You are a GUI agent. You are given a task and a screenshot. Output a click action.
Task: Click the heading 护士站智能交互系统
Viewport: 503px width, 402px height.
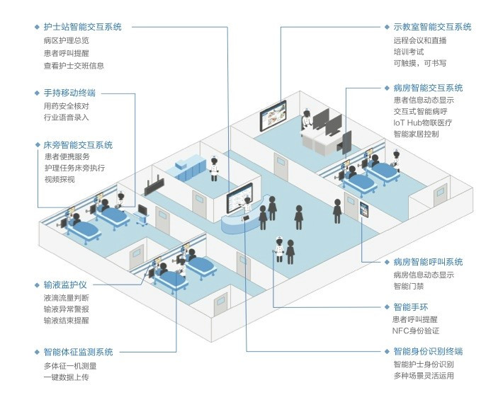pyautogui.click(x=83, y=27)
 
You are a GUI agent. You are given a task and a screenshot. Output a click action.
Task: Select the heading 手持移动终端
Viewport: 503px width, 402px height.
pyautogui.click(x=69, y=93)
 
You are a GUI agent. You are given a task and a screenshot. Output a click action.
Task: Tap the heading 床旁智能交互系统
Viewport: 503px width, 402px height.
pyautogui.click(x=78, y=145)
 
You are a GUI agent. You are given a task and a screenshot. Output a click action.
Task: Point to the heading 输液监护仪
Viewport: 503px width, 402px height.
pyautogui.click(x=65, y=285)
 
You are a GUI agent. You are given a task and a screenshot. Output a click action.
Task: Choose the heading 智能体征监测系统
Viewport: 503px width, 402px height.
pyautogui.click(x=78, y=352)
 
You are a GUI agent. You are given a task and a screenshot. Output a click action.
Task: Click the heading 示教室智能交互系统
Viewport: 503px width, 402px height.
pyautogui.click(x=432, y=27)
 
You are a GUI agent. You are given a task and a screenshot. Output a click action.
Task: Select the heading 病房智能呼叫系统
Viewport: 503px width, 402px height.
pyautogui.click(x=428, y=262)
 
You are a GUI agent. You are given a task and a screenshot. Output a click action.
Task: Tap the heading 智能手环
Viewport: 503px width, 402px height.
pyautogui.click(x=411, y=307)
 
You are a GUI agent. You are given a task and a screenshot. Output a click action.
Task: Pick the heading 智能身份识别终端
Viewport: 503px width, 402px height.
pyautogui.click(x=428, y=351)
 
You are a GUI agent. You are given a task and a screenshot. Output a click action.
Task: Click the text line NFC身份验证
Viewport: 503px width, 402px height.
pyautogui.click(x=416, y=331)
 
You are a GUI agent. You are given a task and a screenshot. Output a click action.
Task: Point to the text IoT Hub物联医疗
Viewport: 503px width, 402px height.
pyautogui.click(x=423, y=122)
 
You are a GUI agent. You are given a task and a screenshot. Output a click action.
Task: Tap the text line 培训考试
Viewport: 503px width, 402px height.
pyautogui.click(x=409, y=52)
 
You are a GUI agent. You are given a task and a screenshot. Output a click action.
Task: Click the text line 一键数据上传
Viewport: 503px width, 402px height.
pyautogui.click(x=66, y=377)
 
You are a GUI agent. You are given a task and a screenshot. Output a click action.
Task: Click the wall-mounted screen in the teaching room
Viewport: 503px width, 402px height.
pyautogui.click(x=273, y=116)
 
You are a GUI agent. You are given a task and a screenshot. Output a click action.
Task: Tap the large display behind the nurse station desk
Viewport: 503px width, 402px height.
pyautogui.click(x=239, y=198)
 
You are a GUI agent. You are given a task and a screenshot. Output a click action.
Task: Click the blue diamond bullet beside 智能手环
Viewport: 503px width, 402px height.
pyautogui.click(x=387, y=307)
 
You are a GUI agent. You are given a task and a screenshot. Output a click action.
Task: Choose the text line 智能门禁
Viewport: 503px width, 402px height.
pyautogui.click(x=409, y=286)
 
